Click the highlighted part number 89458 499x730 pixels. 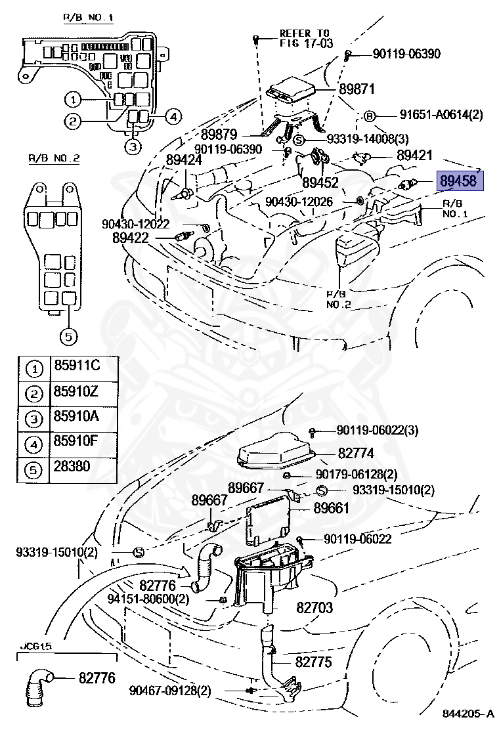coord(460,181)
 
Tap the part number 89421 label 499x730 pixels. coord(414,156)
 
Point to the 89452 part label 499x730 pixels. coord(320,182)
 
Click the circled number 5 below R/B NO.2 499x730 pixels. coord(69,337)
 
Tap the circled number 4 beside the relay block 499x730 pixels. coord(171,117)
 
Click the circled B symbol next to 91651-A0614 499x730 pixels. coord(370,116)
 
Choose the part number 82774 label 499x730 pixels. coord(356,453)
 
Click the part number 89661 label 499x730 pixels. coord(331,508)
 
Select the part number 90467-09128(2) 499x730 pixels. coord(170,691)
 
